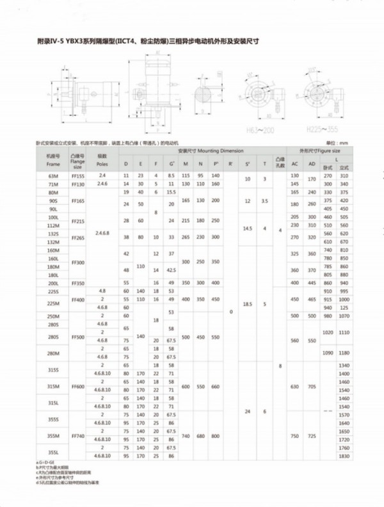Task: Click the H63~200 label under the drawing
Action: click(x=264, y=129)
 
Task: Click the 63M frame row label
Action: click(x=52, y=175)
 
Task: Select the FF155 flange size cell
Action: click(x=78, y=175)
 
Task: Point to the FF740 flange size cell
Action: click(x=78, y=435)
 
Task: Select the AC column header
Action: click(x=295, y=165)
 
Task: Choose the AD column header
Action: click(x=312, y=165)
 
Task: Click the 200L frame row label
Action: click(x=52, y=282)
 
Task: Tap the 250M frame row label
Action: click(x=52, y=316)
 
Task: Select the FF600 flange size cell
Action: click(x=78, y=386)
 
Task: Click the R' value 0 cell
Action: click(x=230, y=311)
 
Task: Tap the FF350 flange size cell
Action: click(x=78, y=282)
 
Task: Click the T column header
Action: click(x=265, y=165)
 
